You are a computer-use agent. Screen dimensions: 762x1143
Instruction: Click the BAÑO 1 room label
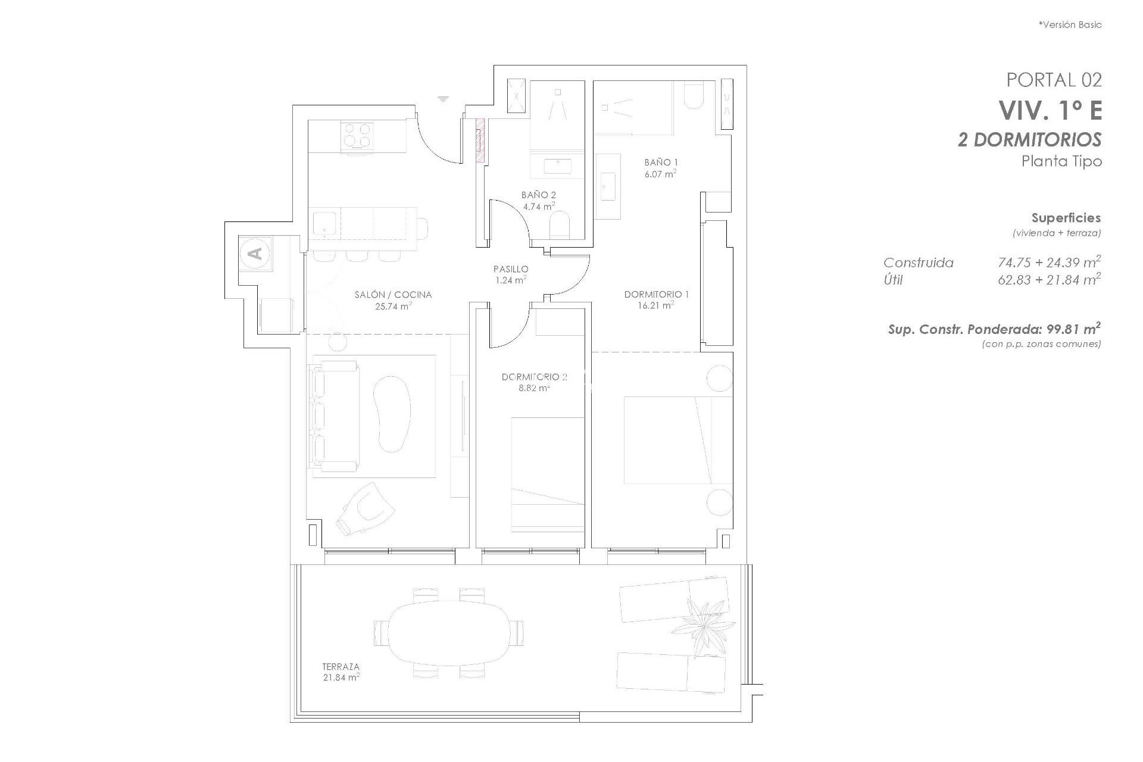[661, 162]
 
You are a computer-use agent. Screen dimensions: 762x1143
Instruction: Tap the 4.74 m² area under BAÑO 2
[539, 207]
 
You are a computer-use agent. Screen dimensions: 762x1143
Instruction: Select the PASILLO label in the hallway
[510, 269]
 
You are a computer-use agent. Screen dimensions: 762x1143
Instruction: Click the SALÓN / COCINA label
[393, 295]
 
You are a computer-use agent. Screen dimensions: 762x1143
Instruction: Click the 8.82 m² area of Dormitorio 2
[534, 388]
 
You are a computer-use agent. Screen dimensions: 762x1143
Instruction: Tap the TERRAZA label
[341, 667]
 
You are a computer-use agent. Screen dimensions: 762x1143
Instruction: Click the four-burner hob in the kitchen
[357, 136]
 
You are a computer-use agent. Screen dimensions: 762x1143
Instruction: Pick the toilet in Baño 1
[694, 95]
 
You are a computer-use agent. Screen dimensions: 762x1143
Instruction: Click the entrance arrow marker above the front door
[442, 99]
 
